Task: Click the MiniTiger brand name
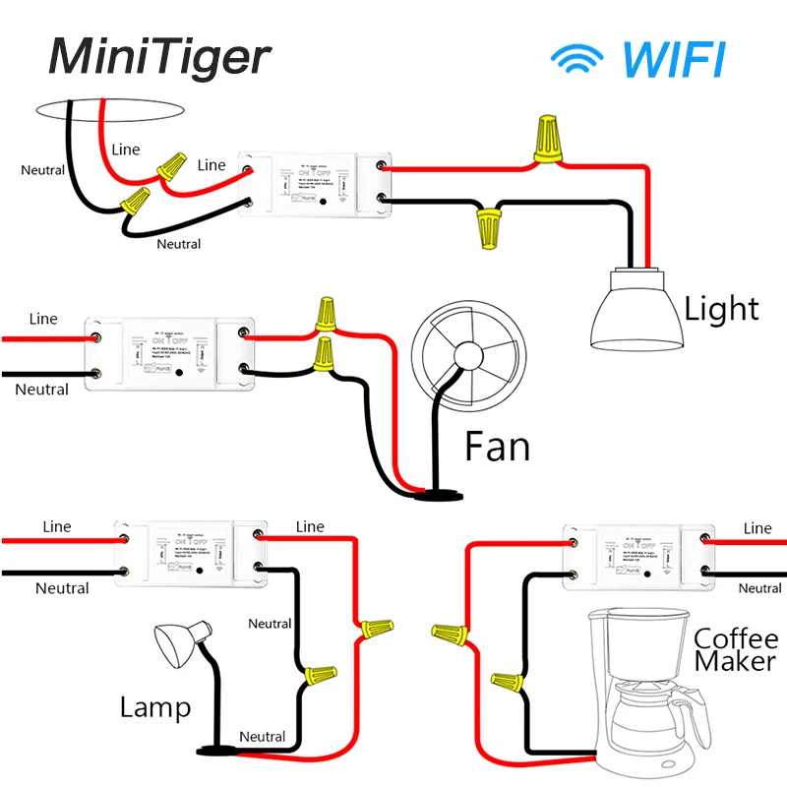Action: coord(158,56)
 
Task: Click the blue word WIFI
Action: coord(674,59)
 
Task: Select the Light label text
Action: coord(722,310)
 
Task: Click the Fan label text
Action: coord(497,448)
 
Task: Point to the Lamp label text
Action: coord(155,706)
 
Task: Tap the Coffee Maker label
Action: coord(735,649)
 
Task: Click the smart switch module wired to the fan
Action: coord(170,354)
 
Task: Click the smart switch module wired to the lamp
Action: coord(190,554)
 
